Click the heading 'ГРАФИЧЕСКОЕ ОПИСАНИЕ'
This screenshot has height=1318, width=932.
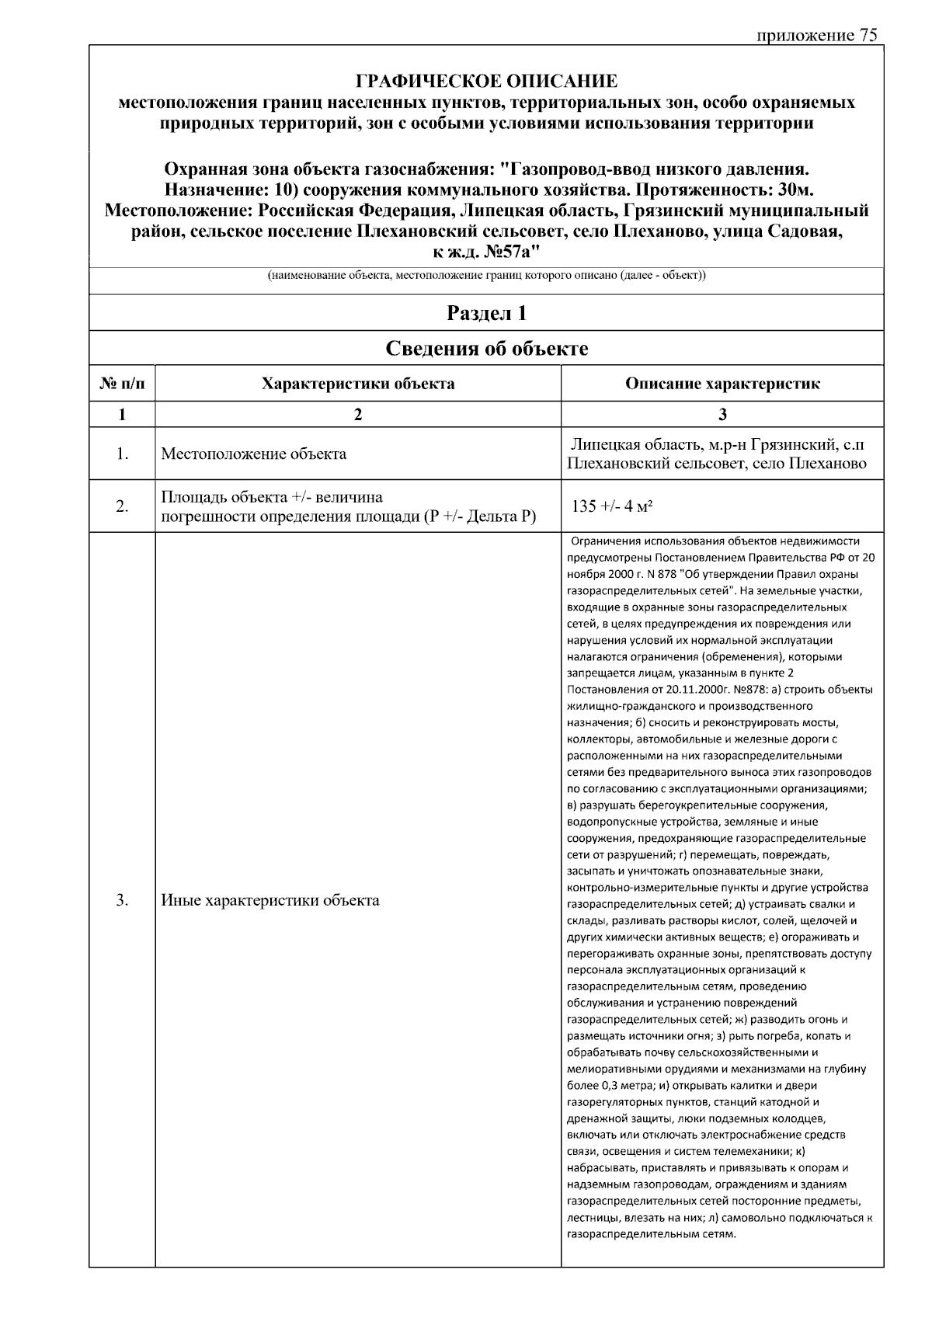click(x=486, y=82)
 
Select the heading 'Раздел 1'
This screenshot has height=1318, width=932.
click(x=486, y=313)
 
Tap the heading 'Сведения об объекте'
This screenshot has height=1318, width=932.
click(x=486, y=349)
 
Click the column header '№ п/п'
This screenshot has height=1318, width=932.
click(x=122, y=384)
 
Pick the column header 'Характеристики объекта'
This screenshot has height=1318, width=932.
click(x=358, y=384)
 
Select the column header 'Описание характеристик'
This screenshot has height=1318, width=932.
click(x=722, y=384)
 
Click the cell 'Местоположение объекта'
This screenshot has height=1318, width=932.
click(x=253, y=454)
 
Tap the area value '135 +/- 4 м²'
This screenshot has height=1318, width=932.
click(x=611, y=506)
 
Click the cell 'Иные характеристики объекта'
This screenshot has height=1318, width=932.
click(x=270, y=901)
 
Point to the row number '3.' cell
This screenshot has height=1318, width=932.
click(x=122, y=901)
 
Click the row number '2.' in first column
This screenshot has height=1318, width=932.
click(x=122, y=507)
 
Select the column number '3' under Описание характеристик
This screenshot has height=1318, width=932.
click(x=722, y=415)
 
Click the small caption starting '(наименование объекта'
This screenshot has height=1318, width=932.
click(x=486, y=276)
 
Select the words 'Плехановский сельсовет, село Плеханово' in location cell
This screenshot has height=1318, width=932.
click(x=717, y=464)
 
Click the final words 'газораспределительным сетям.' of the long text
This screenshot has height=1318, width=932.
click(x=651, y=1234)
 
